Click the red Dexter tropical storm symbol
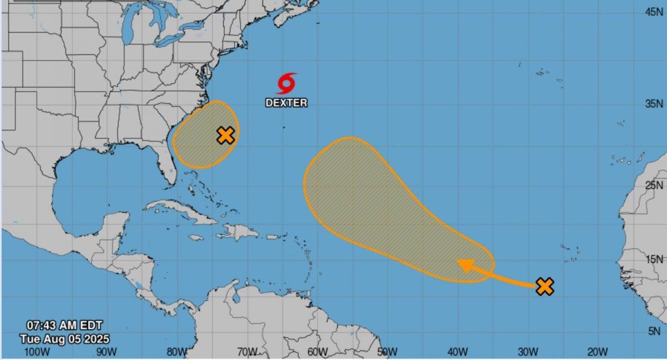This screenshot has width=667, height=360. (286, 83)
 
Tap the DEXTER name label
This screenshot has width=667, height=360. (286, 103)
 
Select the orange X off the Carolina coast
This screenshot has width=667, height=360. (225, 135)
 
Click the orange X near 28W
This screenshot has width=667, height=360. (545, 286)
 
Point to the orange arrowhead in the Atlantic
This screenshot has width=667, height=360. (465, 265)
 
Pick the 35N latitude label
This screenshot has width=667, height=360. (654, 104)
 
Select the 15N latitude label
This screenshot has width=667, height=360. (654, 259)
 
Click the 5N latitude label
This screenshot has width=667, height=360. (655, 332)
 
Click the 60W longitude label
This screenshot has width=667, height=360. (318, 352)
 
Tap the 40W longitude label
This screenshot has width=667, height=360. (457, 352)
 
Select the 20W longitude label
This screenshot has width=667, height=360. (597, 352)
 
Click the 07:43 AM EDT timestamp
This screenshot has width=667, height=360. (64, 326)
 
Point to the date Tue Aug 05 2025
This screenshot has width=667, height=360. (64, 339)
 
